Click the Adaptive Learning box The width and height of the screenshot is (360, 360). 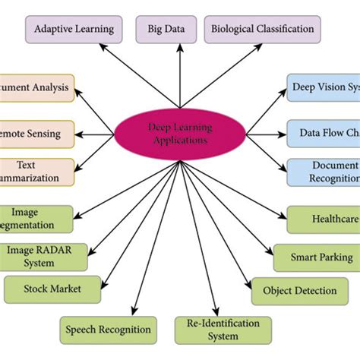pos(74,30)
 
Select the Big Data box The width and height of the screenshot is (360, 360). pos(166,30)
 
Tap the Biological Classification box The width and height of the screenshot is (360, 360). pos(262,30)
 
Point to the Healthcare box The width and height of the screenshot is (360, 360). pos(324,219)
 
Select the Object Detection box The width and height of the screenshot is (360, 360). pos(299,290)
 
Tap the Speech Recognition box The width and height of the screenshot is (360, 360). pos(109,330)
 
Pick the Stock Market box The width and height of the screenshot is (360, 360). pos(52,289)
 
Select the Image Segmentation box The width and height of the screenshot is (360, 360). pos(36,219)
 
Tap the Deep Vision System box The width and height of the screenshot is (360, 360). pos(324,87)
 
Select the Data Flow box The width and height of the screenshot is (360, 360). pos(324,133)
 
